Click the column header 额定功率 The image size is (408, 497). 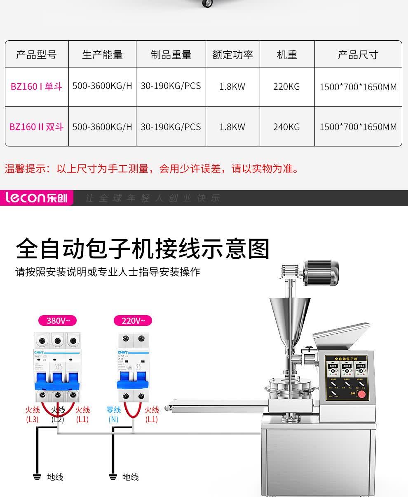[x=232, y=55]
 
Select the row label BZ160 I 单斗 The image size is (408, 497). [x=36, y=87]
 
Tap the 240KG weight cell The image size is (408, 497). [x=286, y=127]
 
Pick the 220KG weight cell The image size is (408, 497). [x=286, y=87]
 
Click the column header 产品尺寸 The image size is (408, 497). [x=358, y=55]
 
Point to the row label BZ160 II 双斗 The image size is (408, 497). [x=36, y=127]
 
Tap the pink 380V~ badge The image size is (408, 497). [x=57, y=320]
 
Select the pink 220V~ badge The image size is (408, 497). [x=133, y=320]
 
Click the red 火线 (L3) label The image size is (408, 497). [x=32, y=414]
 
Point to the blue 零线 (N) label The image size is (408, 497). [x=113, y=414]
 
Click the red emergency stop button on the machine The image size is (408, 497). [x=361, y=395]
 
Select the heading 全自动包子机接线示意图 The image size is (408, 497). [x=143, y=249]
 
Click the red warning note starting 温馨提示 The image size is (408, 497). [x=152, y=169]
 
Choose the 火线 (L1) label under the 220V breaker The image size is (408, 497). [x=152, y=414]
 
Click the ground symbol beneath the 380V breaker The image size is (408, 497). [x=37, y=477]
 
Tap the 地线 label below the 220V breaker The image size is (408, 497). [x=130, y=477]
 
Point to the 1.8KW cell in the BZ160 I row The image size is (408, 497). [x=232, y=87]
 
